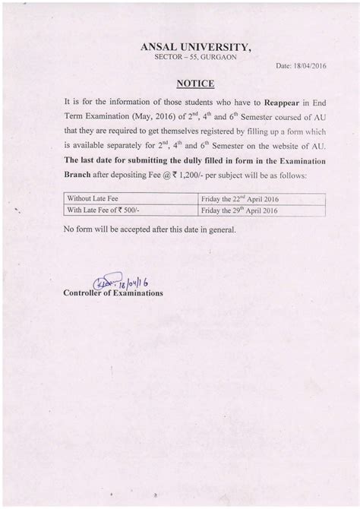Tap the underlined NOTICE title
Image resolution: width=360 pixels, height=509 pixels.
tap(194, 83)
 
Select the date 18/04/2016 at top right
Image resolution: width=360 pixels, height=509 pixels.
tap(301, 67)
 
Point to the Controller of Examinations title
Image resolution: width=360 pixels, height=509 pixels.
tap(113, 292)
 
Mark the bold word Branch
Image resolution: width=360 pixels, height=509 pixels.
tap(82, 175)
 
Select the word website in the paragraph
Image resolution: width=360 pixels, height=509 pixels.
tap(286, 147)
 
